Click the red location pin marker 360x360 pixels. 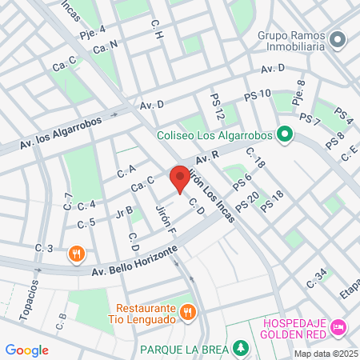coord(180,178)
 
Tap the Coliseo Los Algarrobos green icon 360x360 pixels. coord(283,134)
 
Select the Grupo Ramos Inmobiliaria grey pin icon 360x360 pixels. coord(338,38)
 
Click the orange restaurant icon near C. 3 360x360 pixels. coord(76,254)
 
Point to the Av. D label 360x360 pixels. coord(151,105)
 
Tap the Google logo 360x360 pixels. coord(26,350)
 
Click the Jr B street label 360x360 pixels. coord(124,212)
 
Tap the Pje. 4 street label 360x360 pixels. coord(93,33)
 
